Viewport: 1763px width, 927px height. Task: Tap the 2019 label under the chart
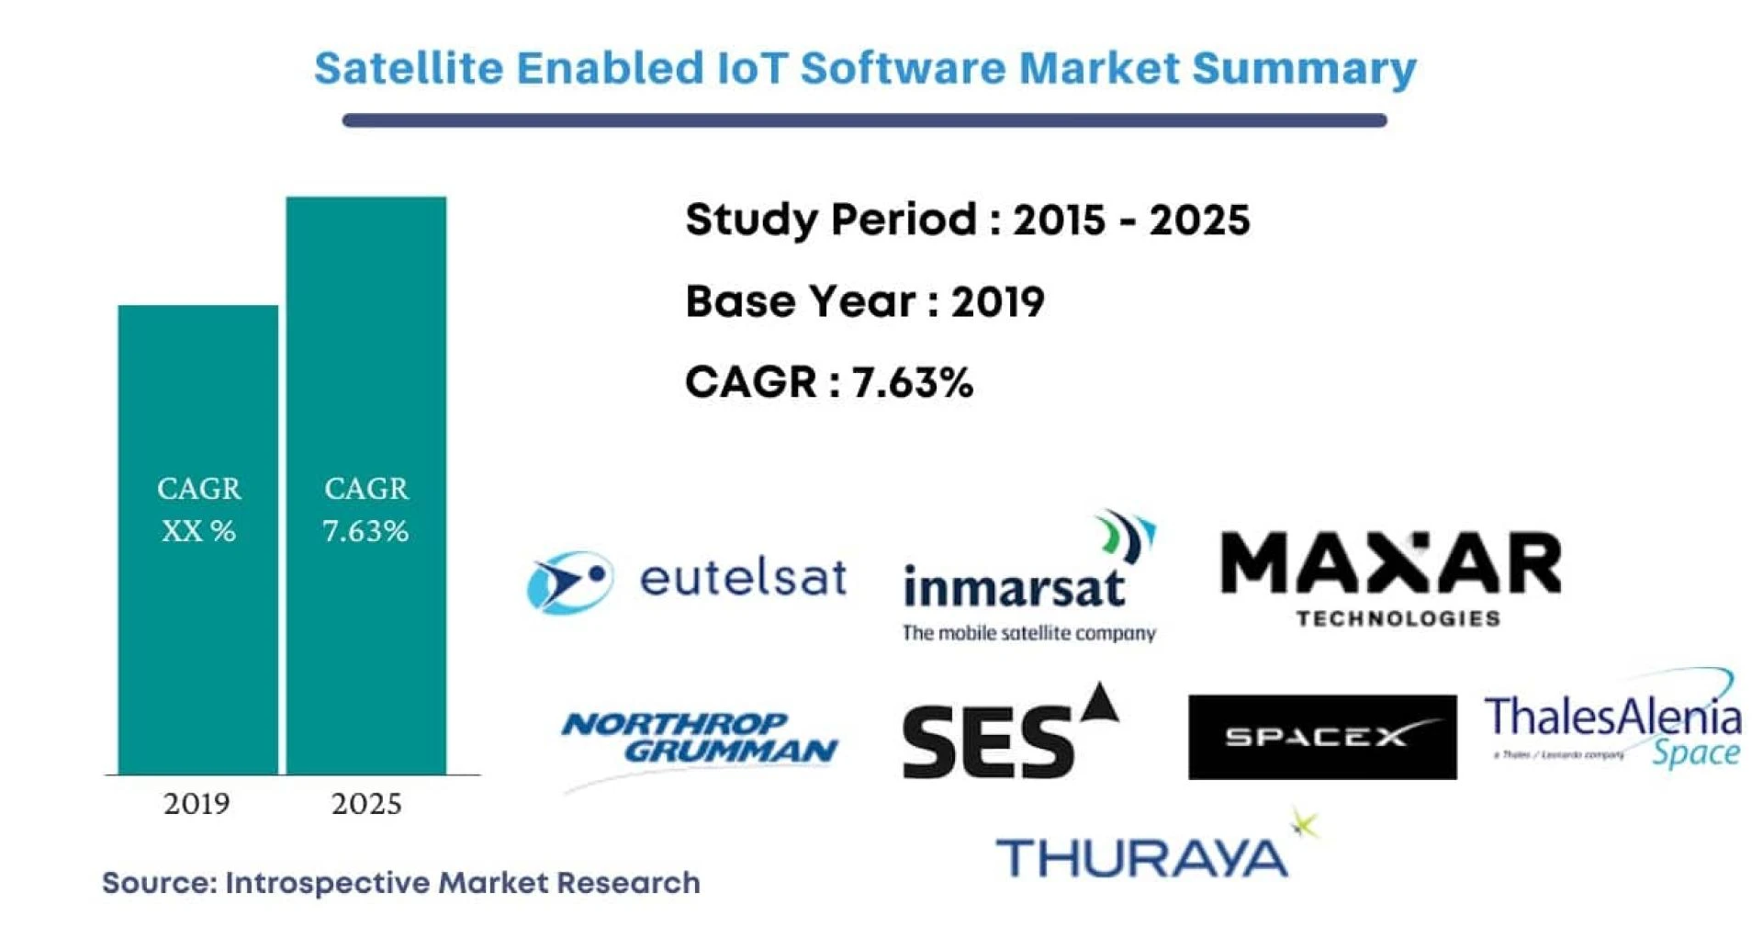click(197, 804)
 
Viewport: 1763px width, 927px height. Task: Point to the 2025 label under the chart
click(366, 804)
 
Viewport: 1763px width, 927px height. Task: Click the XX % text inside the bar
click(198, 531)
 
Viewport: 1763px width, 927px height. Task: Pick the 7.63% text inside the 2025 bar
click(365, 531)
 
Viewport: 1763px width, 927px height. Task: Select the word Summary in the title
click(1304, 69)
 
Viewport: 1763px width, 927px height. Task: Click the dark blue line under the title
click(863, 120)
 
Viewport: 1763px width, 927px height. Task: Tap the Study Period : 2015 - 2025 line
click(967, 220)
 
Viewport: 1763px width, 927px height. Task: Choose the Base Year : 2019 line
click(864, 302)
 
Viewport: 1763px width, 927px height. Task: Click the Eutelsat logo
click(687, 581)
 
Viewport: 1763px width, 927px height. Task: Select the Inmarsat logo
click(1028, 579)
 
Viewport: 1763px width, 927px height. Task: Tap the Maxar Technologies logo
click(1390, 577)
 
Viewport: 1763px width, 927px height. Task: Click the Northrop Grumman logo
click(700, 740)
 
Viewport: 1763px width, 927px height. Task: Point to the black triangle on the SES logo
click(1101, 704)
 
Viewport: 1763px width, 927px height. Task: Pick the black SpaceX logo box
click(1321, 737)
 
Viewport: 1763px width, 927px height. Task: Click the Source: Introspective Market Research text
click(400, 883)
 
